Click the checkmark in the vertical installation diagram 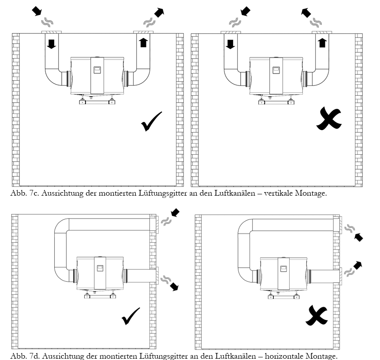pyautogui.click(x=152, y=121)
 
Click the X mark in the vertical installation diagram pyautogui.click(x=329, y=119)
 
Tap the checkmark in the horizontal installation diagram pyautogui.click(x=131, y=316)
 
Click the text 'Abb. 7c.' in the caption pyautogui.click(x=22, y=193)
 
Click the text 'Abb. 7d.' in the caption pyautogui.click(x=22, y=356)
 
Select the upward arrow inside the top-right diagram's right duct pyautogui.click(x=322, y=43)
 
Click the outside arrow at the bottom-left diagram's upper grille pyautogui.click(x=175, y=213)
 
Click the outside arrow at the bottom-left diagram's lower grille pyautogui.click(x=175, y=287)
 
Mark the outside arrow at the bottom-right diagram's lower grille pyautogui.click(x=358, y=265)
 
